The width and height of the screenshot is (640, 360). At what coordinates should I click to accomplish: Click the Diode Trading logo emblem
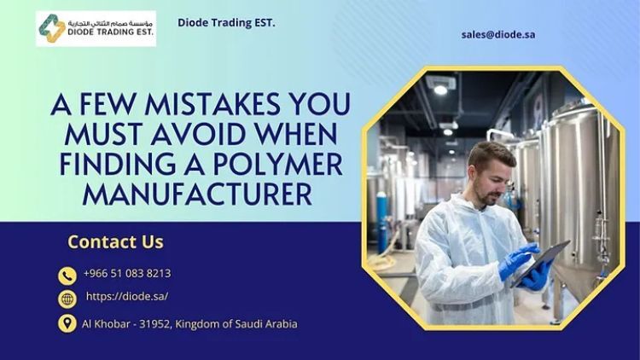click(x=52, y=28)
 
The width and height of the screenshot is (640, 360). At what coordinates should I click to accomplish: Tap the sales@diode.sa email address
click(x=498, y=35)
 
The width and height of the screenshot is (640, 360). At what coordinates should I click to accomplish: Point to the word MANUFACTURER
click(x=198, y=194)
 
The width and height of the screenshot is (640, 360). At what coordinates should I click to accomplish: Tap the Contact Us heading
click(x=115, y=241)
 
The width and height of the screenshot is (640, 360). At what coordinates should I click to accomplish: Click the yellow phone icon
click(x=67, y=276)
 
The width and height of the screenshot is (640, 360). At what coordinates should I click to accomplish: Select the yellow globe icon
click(x=67, y=299)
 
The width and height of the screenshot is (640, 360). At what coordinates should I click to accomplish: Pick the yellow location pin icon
click(x=67, y=323)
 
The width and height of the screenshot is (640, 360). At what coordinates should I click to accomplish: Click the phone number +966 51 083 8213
click(x=127, y=273)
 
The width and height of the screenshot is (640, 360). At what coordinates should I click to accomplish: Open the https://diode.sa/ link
click(x=127, y=296)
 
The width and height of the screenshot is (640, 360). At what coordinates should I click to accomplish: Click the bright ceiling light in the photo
click(x=440, y=90)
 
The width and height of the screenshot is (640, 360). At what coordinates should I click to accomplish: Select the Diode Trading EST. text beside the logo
click(x=226, y=23)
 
